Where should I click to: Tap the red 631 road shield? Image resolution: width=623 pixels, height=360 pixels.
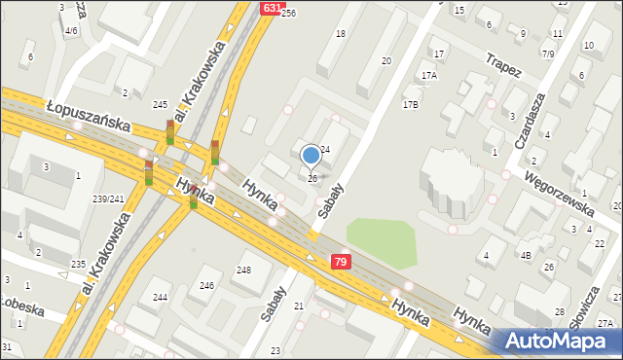click(x=273, y=8)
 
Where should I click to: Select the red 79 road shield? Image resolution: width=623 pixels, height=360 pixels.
click(x=340, y=262)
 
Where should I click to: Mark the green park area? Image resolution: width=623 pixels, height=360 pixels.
click(x=381, y=240)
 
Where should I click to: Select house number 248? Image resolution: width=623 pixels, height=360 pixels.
click(x=243, y=270)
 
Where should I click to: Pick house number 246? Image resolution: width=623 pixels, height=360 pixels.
click(x=206, y=285)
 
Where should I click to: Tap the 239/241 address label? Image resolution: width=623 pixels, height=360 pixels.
click(x=107, y=199)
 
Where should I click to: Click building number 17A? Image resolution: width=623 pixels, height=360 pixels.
click(x=428, y=75)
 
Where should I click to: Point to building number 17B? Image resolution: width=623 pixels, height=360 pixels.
click(x=410, y=104)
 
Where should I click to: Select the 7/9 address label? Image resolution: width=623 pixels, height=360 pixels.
click(x=548, y=54)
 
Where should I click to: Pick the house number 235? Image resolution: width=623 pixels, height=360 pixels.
click(x=78, y=265)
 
